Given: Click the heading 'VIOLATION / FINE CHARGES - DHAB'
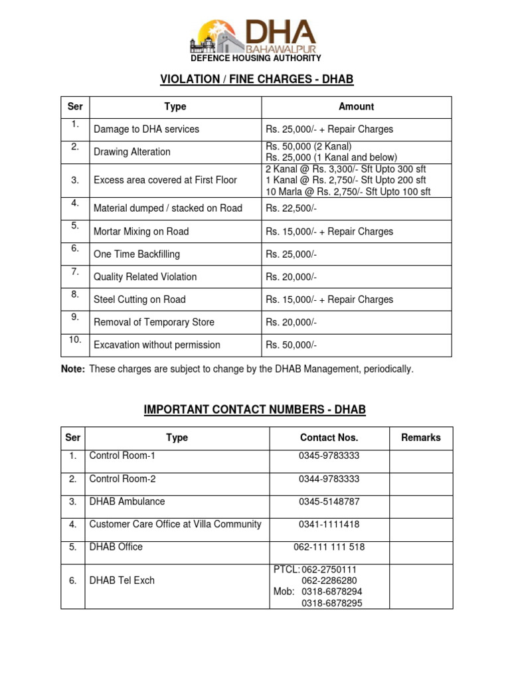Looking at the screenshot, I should (256, 80).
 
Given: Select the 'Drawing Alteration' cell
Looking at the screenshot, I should (132, 152).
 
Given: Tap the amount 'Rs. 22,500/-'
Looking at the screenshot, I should (292, 209).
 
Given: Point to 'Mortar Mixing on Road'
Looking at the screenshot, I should (141, 232).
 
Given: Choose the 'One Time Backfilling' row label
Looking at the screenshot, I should (137, 254).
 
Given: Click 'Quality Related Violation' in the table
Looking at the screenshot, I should (145, 277).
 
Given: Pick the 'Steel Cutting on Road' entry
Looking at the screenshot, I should (139, 299).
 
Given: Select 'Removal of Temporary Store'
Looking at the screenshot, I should (154, 322).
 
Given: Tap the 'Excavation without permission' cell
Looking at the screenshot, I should (157, 345).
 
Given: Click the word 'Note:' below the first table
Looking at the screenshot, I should (73, 369).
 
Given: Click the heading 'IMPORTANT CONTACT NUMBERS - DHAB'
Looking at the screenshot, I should (255, 410).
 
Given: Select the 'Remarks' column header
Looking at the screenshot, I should (421, 438).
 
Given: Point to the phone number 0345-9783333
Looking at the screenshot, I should (329, 456).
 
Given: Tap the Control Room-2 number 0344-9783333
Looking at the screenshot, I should (329, 479).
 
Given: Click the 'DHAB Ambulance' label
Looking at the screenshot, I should (127, 501).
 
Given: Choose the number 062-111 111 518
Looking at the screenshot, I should (329, 547).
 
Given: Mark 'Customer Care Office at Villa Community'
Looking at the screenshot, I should (175, 525).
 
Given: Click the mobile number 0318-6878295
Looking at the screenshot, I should (332, 603).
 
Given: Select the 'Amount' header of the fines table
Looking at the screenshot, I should (357, 107).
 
